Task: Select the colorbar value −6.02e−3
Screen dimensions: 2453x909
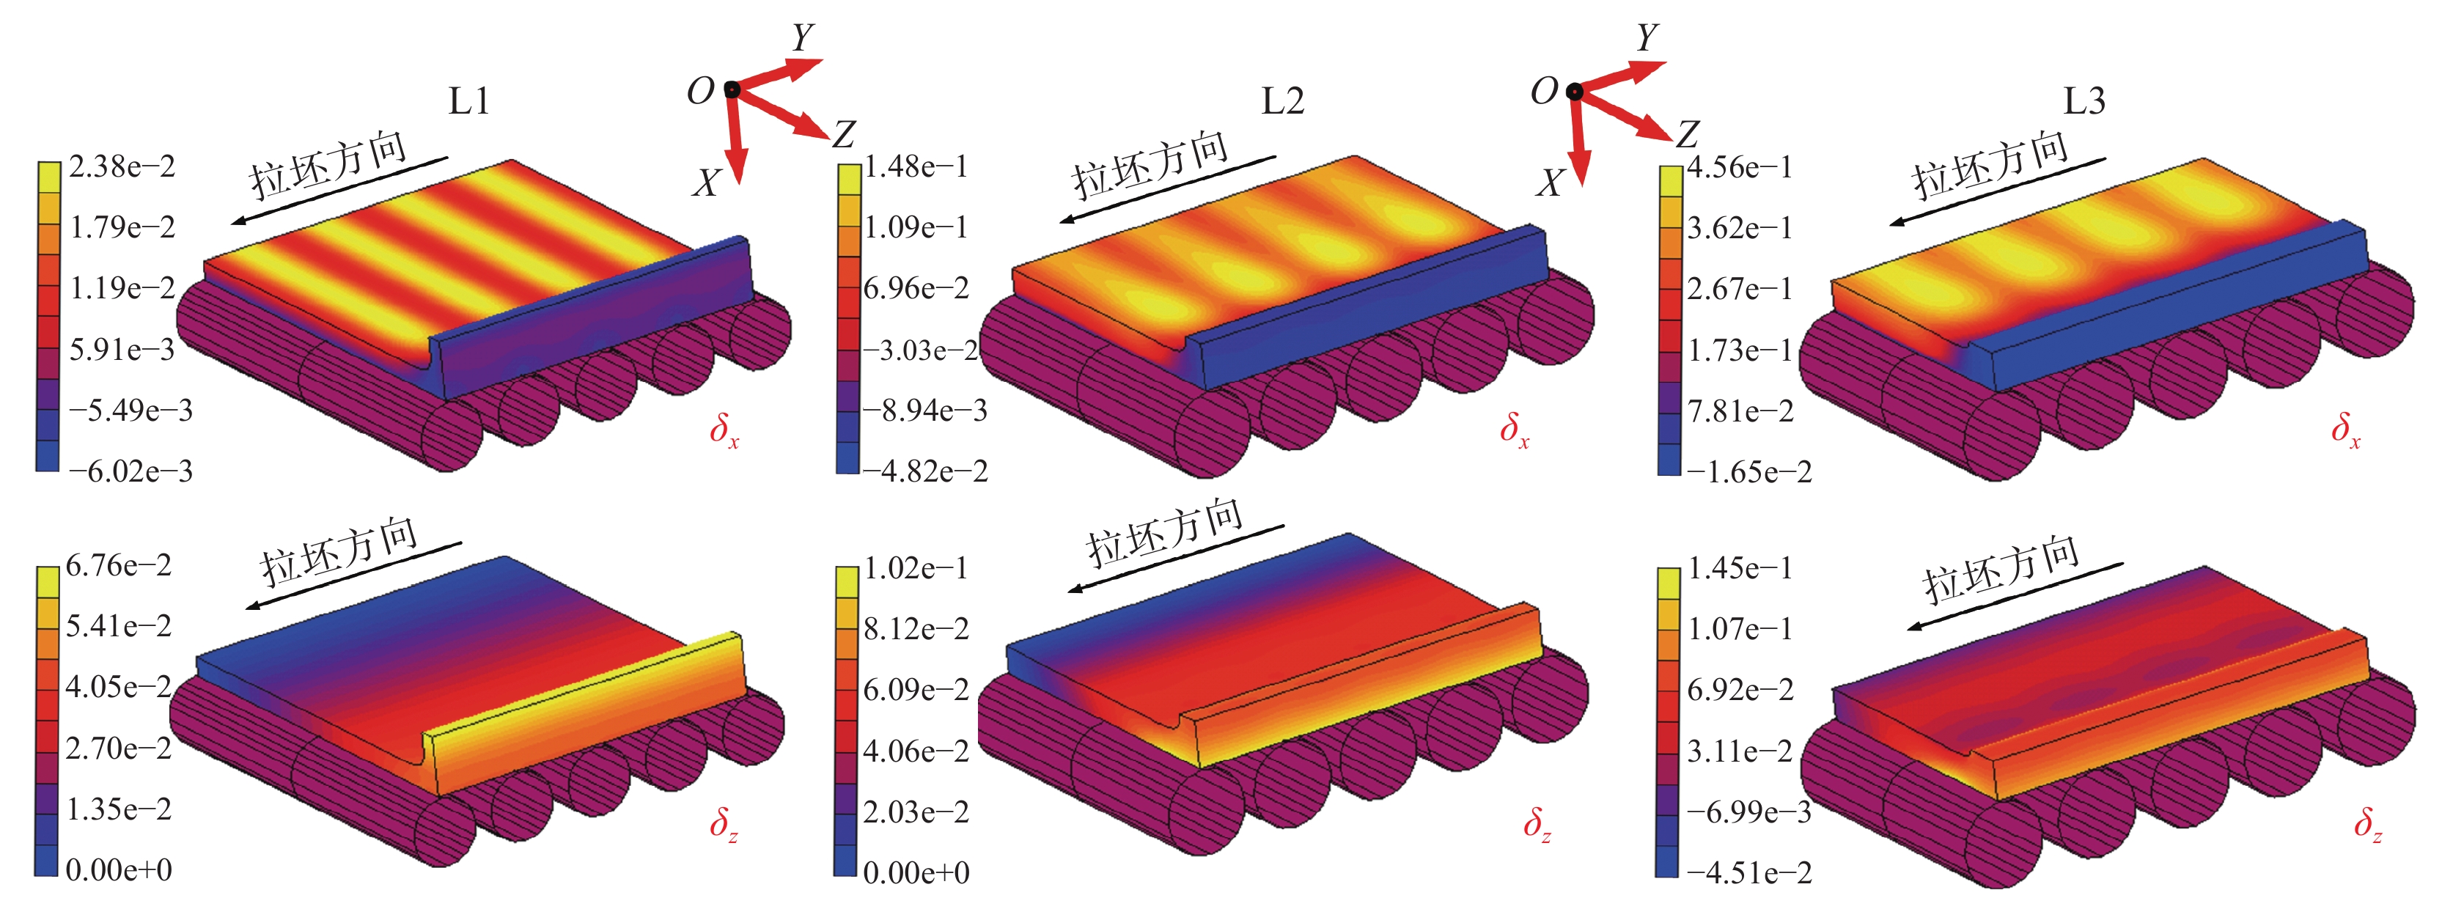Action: tap(130, 471)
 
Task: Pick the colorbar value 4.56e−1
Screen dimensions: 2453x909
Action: tap(1740, 168)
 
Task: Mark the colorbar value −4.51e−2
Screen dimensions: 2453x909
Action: tap(1749, 873)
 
